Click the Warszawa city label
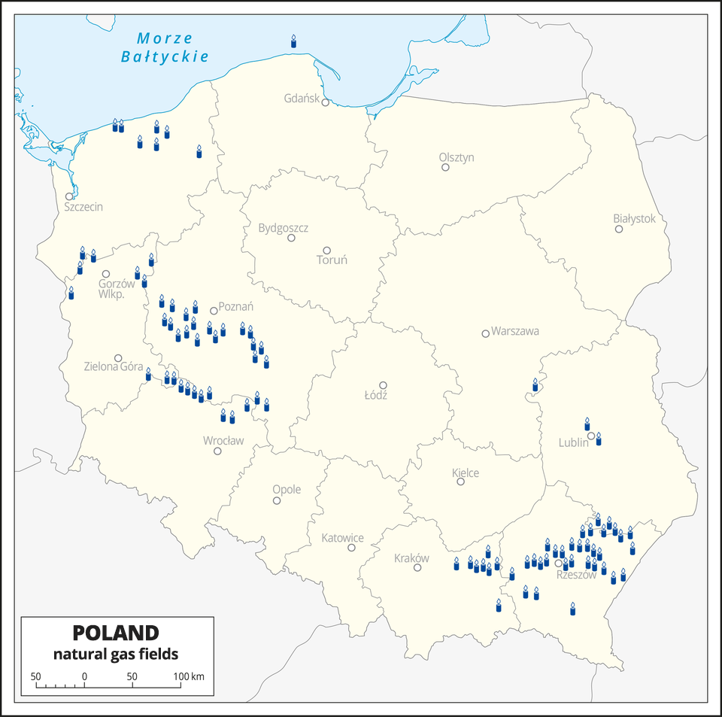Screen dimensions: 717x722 pos(515,331)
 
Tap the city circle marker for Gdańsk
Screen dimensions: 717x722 pos(326,103)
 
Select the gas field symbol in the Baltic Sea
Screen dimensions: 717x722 pos(294,41)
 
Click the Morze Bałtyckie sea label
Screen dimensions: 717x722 pos(165,47)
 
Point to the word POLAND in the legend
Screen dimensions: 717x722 pos(116,632)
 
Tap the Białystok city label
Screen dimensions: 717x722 pos(634,218)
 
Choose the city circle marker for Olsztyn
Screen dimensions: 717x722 pos(445,167)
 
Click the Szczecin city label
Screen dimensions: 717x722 pos(83,207)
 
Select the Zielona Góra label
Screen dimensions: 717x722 pos(114,367)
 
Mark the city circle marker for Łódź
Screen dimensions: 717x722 pos(383,385)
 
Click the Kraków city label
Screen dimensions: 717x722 pos(411,558)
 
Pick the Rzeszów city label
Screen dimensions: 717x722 pos(576,575)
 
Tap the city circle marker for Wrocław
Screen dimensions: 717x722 pos(217,451)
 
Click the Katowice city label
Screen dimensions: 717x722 pos(342,538)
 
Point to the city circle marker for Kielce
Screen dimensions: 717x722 pos(461,482)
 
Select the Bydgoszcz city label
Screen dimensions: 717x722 pos(283,227)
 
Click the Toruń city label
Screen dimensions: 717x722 pos(332,260)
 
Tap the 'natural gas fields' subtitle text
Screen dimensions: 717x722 pos(116,653)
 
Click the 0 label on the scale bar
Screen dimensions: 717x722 pos(84,676)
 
